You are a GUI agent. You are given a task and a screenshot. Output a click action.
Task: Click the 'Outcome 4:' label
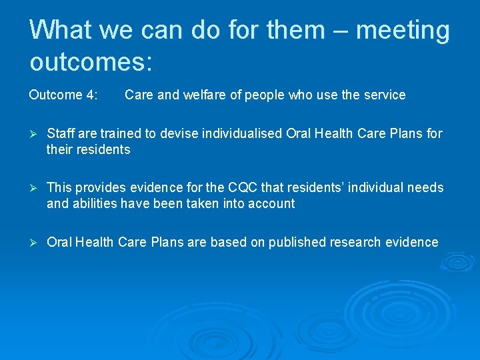coord(64,95)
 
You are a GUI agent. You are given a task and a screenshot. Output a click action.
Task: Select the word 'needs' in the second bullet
coord(426,188)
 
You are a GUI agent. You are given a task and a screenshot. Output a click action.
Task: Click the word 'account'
coord(271,204)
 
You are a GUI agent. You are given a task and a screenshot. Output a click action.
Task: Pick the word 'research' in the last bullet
coord(355,242)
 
